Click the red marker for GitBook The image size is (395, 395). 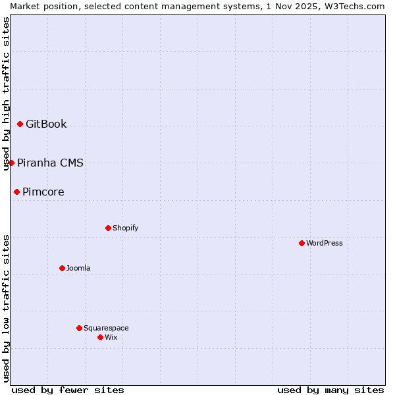pos(20,124)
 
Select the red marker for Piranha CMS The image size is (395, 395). pos(11,163)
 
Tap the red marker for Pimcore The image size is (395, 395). pos(16,192)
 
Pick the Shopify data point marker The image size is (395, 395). pos(108,228)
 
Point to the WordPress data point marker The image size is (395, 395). pos(302,243)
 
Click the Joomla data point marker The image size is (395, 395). pos(62,268)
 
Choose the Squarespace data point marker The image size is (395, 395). pos(79,328)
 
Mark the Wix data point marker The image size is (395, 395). pos(100,337)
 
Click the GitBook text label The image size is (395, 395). pos(46,124)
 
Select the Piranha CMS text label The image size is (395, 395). pos(50,163)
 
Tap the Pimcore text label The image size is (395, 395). pos(43,192)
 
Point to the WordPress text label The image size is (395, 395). pos(325,243)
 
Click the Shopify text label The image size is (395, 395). pos(125,228)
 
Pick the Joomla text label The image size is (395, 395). pos(78,268)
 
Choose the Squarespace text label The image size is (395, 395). pos(106,328)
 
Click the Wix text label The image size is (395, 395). pos(111,337)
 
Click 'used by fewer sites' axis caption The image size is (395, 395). pos(68,390)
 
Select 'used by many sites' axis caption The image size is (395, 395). pos(330,390)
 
